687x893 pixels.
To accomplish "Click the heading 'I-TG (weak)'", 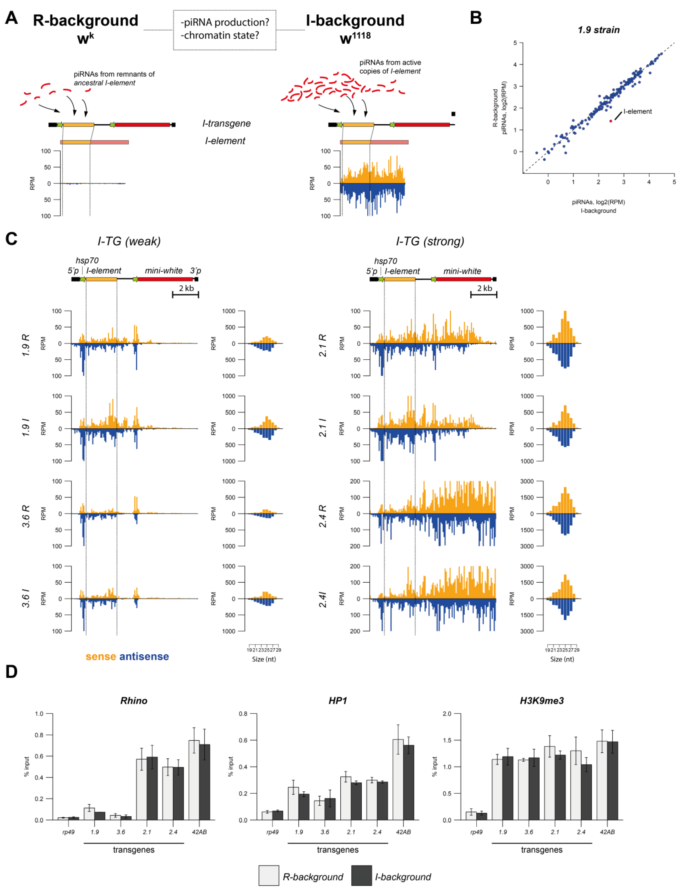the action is (129, 241).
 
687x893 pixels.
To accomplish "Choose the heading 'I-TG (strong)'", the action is (430, 241).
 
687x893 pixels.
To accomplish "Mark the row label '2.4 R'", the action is (322, 516).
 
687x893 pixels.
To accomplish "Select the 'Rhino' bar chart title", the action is (134, 700).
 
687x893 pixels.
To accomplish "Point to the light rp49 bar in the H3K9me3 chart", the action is (471, 816).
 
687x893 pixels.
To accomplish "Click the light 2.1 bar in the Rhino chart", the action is (141, 789).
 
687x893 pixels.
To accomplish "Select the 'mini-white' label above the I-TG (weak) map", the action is (163, 271).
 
